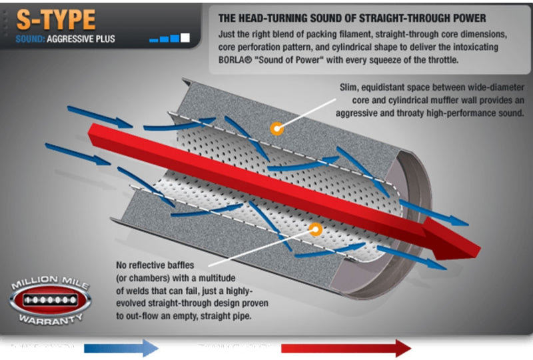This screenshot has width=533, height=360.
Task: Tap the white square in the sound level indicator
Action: point(185,37)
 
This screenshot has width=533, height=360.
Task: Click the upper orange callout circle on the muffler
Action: point(274,127)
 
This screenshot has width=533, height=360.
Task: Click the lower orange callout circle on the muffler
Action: point(315,229)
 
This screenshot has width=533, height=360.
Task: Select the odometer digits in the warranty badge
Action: point(49,300)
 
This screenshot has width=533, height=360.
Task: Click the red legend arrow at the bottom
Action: point(346,347)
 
